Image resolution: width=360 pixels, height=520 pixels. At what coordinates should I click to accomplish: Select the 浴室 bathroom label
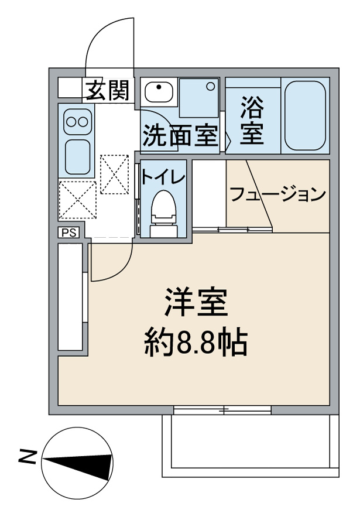click(x=252, y=122)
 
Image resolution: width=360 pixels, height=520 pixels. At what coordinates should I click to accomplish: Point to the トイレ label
click(x=163, y=175)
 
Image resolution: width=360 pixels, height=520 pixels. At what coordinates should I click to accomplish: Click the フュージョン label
click(x=277, y=194)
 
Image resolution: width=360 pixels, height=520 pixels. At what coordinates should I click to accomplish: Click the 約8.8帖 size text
click(x=196, y=343)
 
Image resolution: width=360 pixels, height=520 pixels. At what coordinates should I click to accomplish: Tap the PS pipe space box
click(x=68, y=232)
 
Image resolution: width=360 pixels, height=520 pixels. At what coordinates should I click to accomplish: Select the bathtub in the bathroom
click(x=305, y=114)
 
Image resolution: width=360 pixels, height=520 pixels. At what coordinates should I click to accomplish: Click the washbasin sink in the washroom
click(x=157, y=91)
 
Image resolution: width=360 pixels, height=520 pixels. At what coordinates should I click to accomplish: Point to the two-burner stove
click(x=78, y=121)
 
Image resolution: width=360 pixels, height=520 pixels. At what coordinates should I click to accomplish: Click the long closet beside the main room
click(x=71, y=297)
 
